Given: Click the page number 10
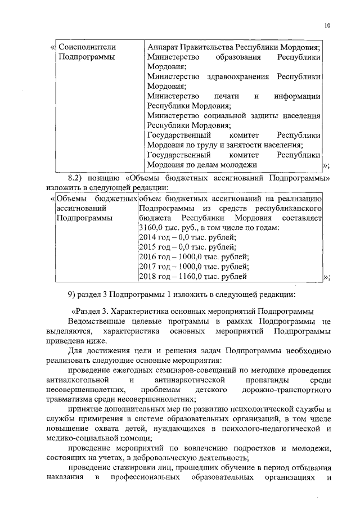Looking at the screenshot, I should coord(328,25).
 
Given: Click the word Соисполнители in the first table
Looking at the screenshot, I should coord(84,47).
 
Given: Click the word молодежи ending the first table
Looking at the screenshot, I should coord(237,164).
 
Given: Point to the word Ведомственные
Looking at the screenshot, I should coord(96,321).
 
